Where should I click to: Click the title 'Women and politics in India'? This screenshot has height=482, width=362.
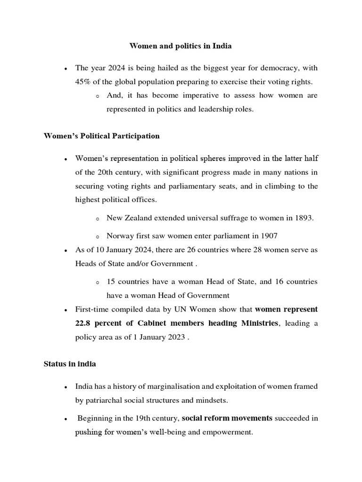[181, 47]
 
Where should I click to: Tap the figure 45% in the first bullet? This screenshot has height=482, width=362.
[83, 81]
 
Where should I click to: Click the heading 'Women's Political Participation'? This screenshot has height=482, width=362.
[101, 136]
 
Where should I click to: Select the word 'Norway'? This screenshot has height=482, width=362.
[119, 235]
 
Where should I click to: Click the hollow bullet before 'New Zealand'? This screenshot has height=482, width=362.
[97, 218]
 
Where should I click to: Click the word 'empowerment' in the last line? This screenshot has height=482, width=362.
[229, 432]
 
